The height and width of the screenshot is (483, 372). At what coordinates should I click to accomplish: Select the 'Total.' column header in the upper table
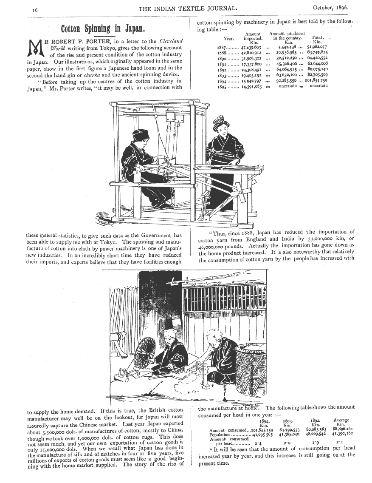317,37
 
